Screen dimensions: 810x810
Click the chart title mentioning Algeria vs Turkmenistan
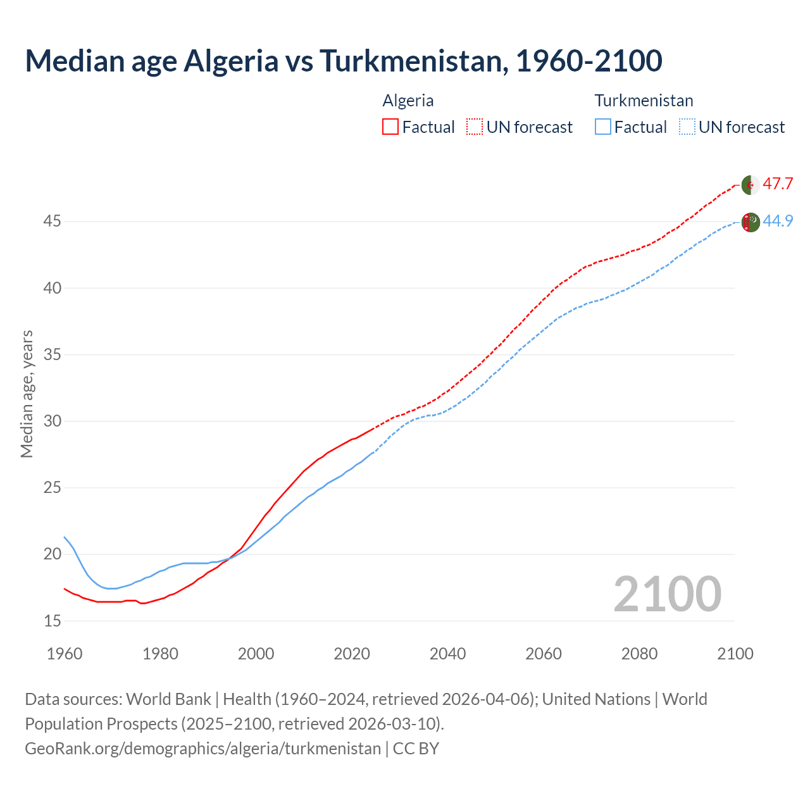coord(343,61)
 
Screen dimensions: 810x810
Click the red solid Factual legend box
coord(390,127)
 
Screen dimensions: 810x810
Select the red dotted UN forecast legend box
coord(475,127)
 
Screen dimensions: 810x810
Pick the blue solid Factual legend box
coord(603,127)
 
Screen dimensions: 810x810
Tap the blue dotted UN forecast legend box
coord(687,127)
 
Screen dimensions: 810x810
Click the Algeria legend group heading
coord(408,101)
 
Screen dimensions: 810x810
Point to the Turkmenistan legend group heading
coord(644,101)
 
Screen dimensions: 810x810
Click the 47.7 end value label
coord(778,184)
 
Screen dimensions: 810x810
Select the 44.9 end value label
coord(778,221)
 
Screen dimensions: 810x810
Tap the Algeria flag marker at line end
coord(751,185)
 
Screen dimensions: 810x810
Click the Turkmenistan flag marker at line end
coord(751,222)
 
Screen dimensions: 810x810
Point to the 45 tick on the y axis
coord(52,221)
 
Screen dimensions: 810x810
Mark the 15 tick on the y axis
coord(52,621)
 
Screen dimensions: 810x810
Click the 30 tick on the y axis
coord(52,421)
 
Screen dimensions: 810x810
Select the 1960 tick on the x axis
coord(65,654)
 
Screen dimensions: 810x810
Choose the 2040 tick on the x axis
coord(447,654)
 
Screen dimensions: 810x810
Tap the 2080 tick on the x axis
coord(639,654)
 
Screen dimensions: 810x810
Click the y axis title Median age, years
coord(27,394)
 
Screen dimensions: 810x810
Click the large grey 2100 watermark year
coord(667,594)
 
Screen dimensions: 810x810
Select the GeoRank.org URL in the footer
coord(202,749)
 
